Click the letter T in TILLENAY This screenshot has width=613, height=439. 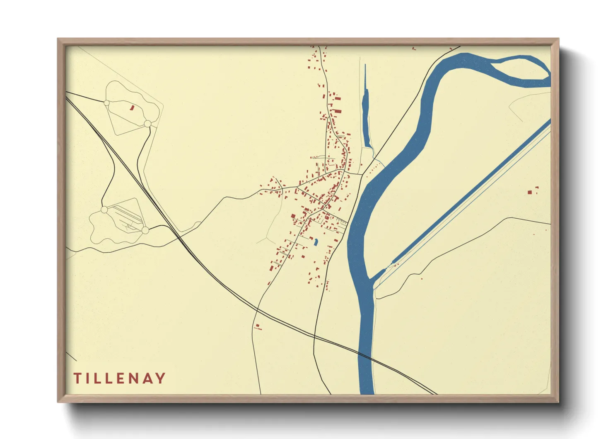click(x=77, y=378)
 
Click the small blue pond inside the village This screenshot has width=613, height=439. click(x=316, y=242)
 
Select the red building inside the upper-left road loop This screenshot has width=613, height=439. click(x=133, y=107)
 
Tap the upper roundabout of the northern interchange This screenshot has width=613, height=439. click(x=106, y=102)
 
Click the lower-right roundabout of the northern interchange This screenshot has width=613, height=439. click(x=147, y=124)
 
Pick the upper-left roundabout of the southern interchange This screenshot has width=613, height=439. click(x=104, y=210)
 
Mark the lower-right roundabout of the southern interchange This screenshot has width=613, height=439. click(x=145, y=230)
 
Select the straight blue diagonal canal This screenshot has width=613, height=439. click(x=468, y=195)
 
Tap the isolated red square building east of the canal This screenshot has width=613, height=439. click(x=529, y=192)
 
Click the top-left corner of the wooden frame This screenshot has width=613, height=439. click(x=58, y=39)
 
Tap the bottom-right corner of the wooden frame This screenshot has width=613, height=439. click(x=558, y=402)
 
